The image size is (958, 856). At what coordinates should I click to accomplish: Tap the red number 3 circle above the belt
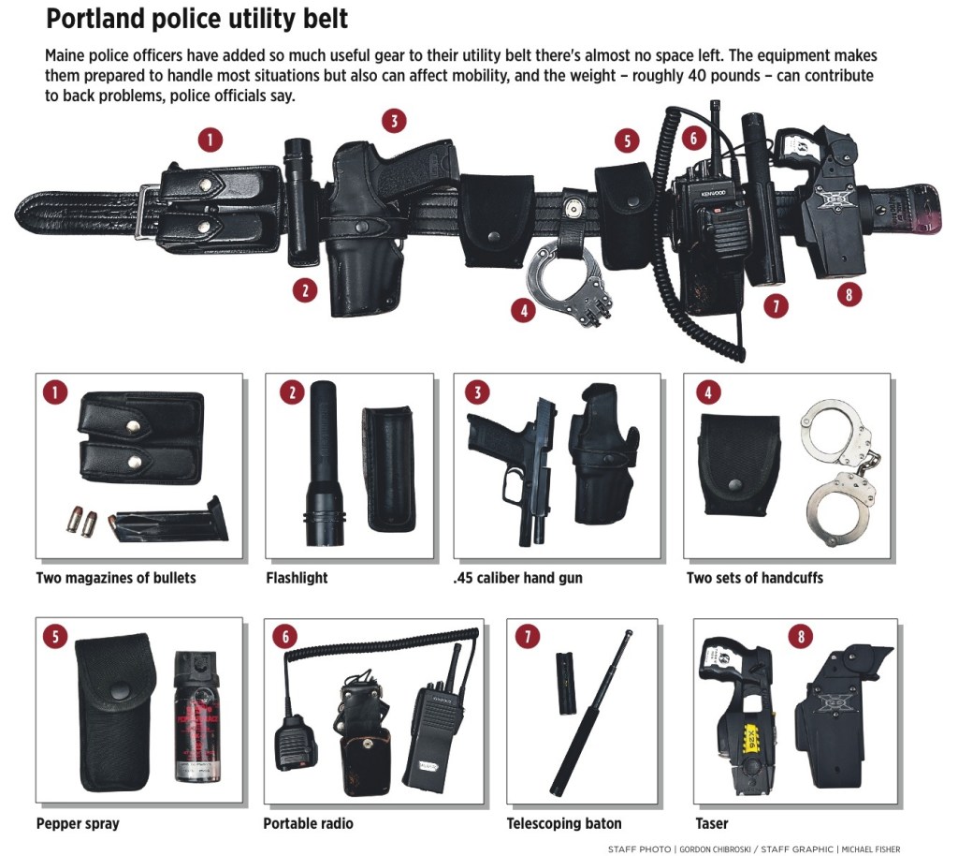coord(394,121)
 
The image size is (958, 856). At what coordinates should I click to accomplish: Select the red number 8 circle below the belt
coord(848,294)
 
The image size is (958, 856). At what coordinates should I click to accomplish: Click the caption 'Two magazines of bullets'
coord(116,578)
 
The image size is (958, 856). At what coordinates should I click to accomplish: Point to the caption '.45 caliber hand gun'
coord(517,578)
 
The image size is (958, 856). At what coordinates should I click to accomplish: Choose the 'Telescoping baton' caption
coord(564,824)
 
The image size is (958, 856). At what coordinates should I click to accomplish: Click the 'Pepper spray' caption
coord(78,824)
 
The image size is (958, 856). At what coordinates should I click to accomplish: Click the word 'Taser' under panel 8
coord(712,824)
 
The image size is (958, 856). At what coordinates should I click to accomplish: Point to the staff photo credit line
coord(753,849)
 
